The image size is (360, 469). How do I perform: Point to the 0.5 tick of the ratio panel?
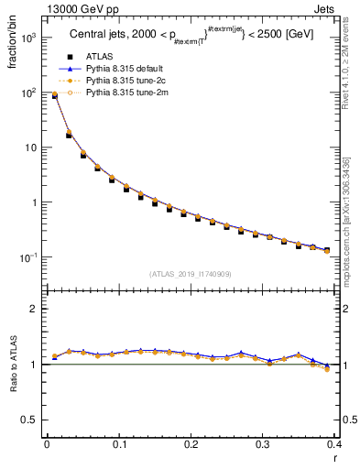click(28, 420)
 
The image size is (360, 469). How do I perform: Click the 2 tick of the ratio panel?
click(33, 309)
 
